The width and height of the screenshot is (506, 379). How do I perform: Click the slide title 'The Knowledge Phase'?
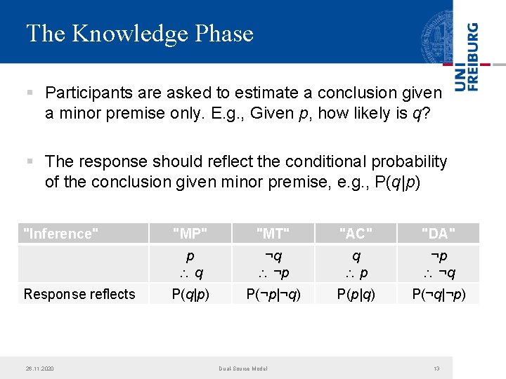tap(139, 34)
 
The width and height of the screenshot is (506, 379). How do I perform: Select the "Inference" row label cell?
tap(60, 234)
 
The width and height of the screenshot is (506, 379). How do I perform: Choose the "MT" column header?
tap(273, 234)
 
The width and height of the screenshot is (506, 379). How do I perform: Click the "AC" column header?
tap(356, 234)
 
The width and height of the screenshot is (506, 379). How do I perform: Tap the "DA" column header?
tap(439, 234)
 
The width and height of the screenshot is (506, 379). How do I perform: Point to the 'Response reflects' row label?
tap(79, 294)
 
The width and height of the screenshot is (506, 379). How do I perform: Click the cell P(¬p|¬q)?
tap(273, 294)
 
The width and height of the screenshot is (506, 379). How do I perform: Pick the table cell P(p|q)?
tap(356, 294)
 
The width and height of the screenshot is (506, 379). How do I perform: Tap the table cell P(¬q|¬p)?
tap(439, 294)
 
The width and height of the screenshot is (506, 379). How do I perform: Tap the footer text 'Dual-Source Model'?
tap(242, 368)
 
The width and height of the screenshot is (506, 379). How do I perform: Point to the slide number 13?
tap(436, 368)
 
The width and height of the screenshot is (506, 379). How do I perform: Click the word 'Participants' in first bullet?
tap(87, 93)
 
